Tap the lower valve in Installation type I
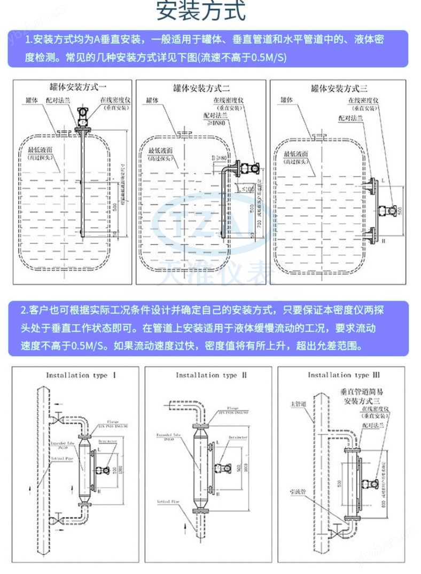coord(58,520)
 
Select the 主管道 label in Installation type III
coord(298,404)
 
